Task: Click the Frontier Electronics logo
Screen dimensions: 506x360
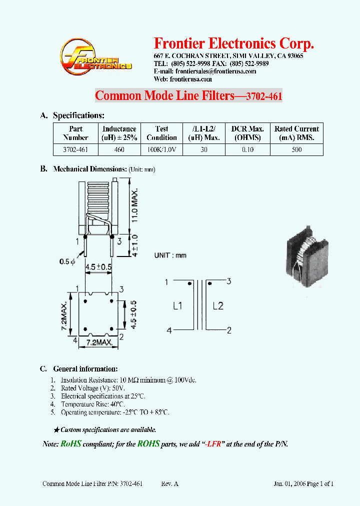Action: [x=95, y=58]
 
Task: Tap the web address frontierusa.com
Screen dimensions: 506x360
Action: [x=190, y=79]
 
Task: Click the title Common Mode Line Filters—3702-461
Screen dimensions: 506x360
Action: [x=188, y=95]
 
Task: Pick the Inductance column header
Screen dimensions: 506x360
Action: [x=119, y=133]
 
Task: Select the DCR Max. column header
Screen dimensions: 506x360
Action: [x=247, y=133]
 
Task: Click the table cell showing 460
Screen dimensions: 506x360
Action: [x=119, y=149]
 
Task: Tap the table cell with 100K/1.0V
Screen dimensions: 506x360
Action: [x=161, y=149]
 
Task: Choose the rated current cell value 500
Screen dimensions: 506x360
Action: [x=296, y=149]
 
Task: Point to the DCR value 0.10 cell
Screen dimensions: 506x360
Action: [x=247, y=149]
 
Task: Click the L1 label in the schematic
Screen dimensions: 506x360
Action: [x=177, y=306]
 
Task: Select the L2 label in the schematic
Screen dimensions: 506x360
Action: [x=217, y=306]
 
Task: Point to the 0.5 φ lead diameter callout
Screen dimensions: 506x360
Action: [x=67, y=261]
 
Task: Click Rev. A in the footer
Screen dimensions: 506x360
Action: [x=169, y=483]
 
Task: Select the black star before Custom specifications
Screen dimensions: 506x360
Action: [x=56, y=429]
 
